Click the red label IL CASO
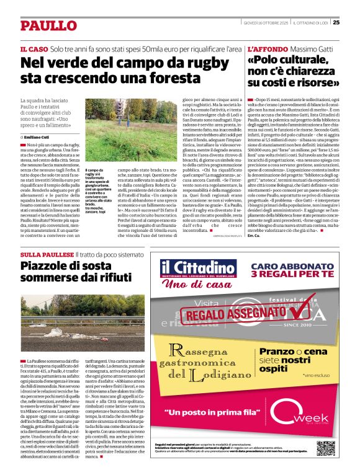click(x=34, y=48)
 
